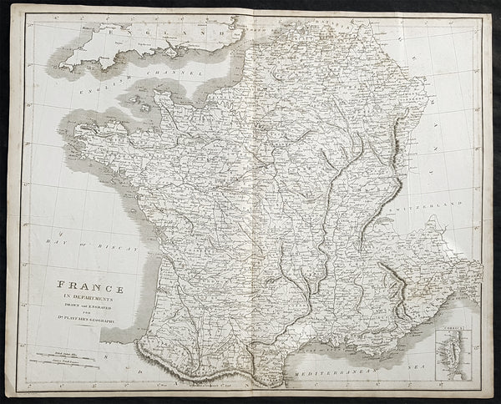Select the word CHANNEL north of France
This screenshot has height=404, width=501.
pyautogui.click(x=181, y=73)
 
